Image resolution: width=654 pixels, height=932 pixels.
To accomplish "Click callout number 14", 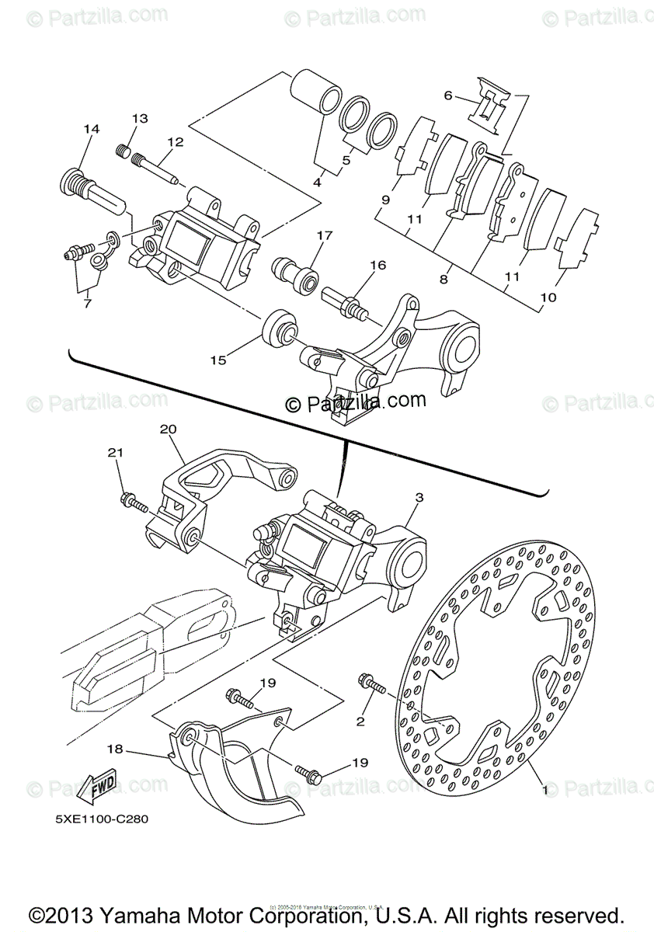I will (x=92, y=129).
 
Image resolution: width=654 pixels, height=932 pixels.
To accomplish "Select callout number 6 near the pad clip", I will (x=448, y=96).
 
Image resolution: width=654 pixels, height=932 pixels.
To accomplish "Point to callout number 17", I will (x=324, y=234).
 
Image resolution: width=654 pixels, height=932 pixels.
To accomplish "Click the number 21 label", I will (x=115, y=452).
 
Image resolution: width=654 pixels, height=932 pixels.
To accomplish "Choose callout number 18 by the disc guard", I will (x=114, y=749).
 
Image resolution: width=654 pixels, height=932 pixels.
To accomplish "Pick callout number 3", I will (x=419, y=496).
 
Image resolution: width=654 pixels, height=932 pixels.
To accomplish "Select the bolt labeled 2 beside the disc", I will (x=373, y=685).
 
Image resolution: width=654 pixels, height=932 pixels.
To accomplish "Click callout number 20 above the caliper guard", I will (x=169, y=429).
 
